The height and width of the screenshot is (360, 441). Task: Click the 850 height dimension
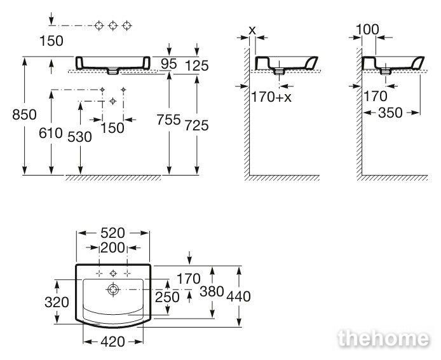click(x=25, y=115)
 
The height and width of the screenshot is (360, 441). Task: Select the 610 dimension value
click(x=51, y=133)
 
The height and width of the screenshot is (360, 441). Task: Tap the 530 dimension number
click(x=79, y=137)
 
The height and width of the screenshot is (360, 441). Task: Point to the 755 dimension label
click(x=168, y=120)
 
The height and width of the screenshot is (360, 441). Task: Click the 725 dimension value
click(x=196, y=125)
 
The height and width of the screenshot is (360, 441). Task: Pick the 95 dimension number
click(x=169, y=64)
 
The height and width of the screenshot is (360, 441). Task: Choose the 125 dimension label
click(x=197, y=66)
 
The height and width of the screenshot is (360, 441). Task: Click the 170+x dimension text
click(x=271, y=97)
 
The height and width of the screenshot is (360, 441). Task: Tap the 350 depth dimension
click(x=390, y=113)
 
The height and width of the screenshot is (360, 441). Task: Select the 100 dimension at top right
click(x=367, y=29)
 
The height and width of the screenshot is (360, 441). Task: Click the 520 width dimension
click(x=112, y=233)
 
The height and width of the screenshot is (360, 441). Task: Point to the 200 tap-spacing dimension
click(x=112, y=247)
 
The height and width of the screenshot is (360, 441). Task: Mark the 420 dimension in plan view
click(x=112, y=342)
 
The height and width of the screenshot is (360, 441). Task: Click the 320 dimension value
click(x=57, y=302)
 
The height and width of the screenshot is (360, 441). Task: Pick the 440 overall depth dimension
click(x=238, y=296)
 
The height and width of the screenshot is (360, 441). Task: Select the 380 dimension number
click(x=212, y=291)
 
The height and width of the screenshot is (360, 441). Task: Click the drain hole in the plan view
click(x=113, y=289)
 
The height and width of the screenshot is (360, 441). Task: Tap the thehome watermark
click(x=384, y=338)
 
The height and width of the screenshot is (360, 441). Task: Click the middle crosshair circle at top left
click(x=112, y=25)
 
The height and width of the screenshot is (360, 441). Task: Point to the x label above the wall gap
click(x=252, y=30)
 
